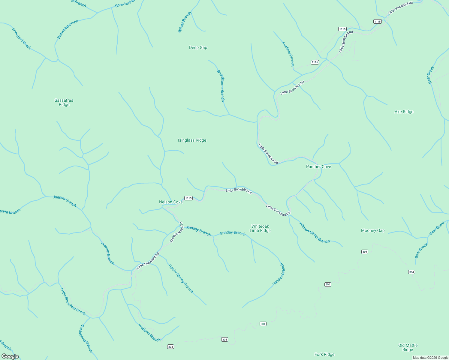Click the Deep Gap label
(x=198, y=47)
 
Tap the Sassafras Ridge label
(x=64, y=102)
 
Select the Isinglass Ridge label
(x=192, y=140)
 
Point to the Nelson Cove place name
(x=171, y=202)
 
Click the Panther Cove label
(x=318, y=166)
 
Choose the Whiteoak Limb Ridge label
(x=260, y=228)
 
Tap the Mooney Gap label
(x=373, y=230)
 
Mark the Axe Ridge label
(x=404, y=112)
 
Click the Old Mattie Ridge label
(x=408, y=347)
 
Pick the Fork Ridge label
(x=324, y=354)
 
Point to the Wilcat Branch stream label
(x=185, y=22)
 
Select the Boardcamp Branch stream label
(x=221, y=86)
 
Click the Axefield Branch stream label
(x=288, y=54)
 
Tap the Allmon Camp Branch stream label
(x=315, y=233)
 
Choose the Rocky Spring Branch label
(x=181, y=278)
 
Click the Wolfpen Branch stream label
(x=149, y=332)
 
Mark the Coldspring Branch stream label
(x=86, y=338)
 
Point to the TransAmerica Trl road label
(x=177, y=232)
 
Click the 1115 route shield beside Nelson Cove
(x=188, y=198)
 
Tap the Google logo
(x=10, y=356)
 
